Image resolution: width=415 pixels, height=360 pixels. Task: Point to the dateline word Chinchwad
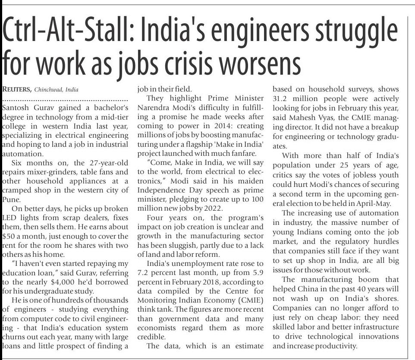[x=49, y=89]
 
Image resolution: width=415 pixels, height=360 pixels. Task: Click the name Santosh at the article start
[x=17, y=106]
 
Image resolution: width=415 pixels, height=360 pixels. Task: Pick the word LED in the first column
[x=10, y=218]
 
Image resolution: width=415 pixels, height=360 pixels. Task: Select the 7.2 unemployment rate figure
[x=144, y=272]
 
